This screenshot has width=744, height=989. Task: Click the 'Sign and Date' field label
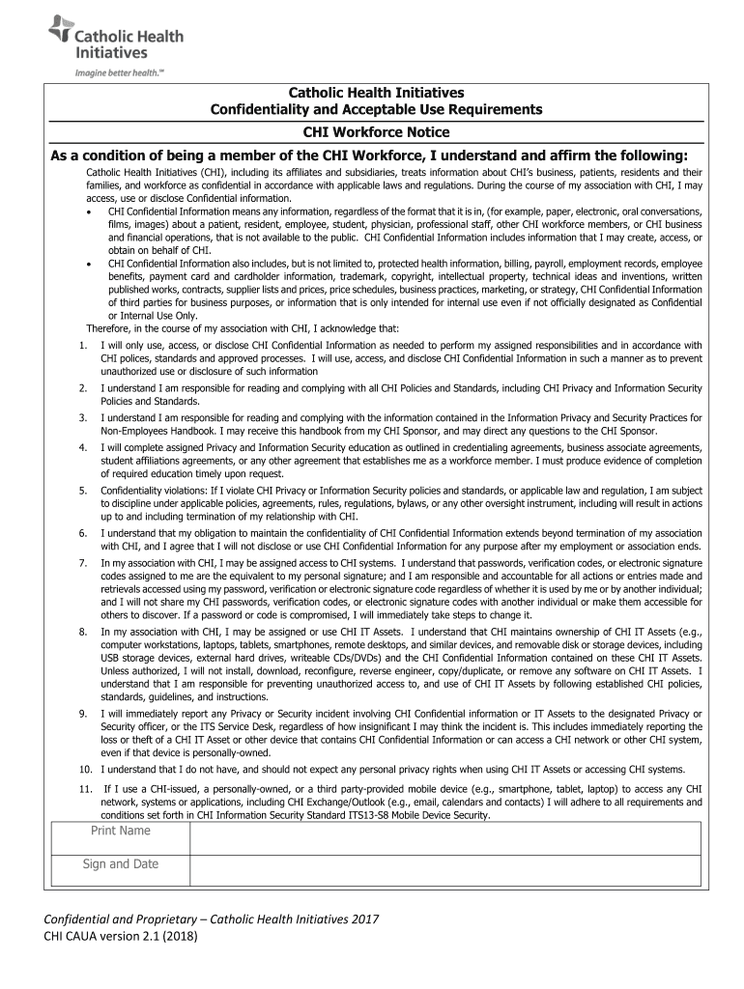pyautogui.click(x=121, y=864)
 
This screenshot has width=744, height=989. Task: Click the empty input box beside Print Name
pyautogui.click(x=444, y=837)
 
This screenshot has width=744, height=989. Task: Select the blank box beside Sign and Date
pyautogui.click(x=444, y=870)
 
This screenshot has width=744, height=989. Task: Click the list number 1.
pyautogui.click(x=84, y=345)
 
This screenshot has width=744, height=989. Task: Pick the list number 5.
pyautogui.click(x=84, y=492)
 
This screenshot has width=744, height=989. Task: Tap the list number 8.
pyautogui.click(x=84, y=632)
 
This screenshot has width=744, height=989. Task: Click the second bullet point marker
pyautogui.click(x=89, y=263)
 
